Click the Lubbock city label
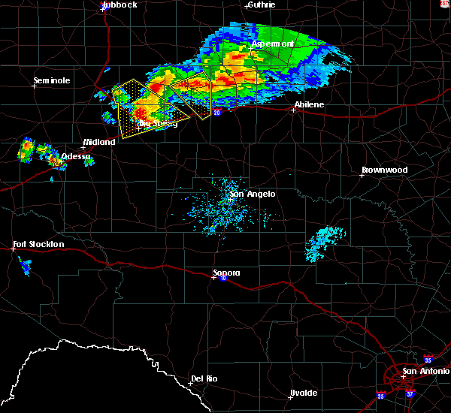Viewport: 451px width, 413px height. [x=120, y=5]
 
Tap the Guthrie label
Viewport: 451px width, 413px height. [x=261, y=5]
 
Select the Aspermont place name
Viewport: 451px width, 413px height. [x=272, y=44]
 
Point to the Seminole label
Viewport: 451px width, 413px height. [x=52, y=80]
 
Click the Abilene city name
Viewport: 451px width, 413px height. [x=309, y=104]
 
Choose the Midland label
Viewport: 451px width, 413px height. [x=99, y=142]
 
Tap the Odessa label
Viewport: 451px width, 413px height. [x=76, y=156]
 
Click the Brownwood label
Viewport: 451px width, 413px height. [x=384, y=170]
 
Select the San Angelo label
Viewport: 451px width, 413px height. [x=253, y=194]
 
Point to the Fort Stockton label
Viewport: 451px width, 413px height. [x=38, y=244]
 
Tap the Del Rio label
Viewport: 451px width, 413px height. [x=204, y=378]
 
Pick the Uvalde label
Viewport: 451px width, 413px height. [x=304, y=393]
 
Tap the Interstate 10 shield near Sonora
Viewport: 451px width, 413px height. [x=223, y=278]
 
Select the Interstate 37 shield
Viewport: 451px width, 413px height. [x=410, y=393]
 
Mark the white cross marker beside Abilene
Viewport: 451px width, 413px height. [x=294, y=110]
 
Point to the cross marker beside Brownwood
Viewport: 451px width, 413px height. [x=362, y=175]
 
